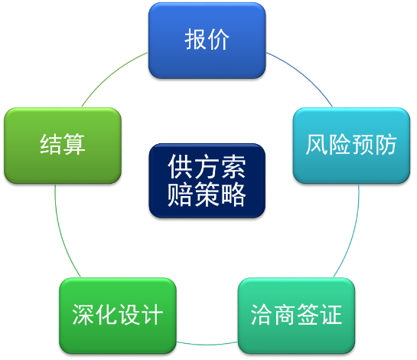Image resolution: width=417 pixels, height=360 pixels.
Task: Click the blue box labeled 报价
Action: (207, 41)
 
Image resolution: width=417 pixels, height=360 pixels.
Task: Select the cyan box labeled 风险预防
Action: (351, 146)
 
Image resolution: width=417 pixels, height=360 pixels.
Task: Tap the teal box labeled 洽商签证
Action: (296, 316)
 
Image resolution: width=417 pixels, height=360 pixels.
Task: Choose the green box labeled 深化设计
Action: (118, 316)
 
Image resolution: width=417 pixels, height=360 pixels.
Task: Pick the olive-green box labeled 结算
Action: (63, 146)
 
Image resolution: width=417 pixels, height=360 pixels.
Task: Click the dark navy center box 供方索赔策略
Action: (207, 181)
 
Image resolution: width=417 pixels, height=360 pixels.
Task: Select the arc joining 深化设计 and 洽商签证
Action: (207, 344)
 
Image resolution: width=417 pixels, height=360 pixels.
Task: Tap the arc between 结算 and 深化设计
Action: (61, 232)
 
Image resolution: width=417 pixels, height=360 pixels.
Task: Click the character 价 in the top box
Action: (218, 39)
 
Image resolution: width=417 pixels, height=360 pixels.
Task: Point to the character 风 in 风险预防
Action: (317, 145)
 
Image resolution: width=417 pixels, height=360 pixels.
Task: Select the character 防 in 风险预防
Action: (386, 145)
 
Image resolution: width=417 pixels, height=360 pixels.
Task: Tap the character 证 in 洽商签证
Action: (331, 315)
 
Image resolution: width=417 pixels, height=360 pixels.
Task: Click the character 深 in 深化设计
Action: (83, 315)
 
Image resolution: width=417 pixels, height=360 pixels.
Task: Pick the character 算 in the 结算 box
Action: (74, 145)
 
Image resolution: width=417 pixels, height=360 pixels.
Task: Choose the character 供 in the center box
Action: (180, 167)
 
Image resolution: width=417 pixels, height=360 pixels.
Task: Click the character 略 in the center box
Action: (234, 195)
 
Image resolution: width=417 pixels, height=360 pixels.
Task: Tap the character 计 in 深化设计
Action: (151, 315)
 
